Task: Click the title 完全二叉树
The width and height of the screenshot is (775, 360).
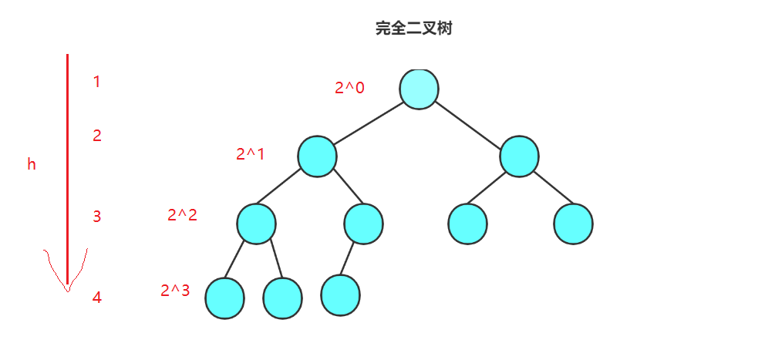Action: [x=413, y=29]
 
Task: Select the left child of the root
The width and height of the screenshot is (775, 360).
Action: [x=318, y=156]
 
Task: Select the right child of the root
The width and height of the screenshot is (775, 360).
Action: [x=519, y=156]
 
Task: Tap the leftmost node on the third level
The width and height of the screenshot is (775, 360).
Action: [x=256, y=224]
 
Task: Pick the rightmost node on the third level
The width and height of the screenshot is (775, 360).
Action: [x=573, y=224]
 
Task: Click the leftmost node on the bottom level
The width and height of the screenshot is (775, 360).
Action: [x=224, y=298]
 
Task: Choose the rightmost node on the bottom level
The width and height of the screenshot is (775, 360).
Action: [x=341, y=294]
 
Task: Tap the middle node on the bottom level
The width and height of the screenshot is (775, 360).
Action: [x=282, y=298]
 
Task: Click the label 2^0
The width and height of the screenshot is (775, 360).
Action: [x=349, y=88]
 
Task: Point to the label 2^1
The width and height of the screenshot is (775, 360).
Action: [x=250, y=154]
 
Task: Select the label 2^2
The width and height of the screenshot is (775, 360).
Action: [x=182, y=215]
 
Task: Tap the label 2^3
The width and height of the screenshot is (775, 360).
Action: [x=175, y=291]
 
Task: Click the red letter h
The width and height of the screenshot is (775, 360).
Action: [x=32, y=164]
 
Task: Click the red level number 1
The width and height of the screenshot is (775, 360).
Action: [x=96, y=81]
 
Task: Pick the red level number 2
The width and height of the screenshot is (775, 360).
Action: [x=97, y=136]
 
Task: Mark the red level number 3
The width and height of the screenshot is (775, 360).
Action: [x=97, y=217]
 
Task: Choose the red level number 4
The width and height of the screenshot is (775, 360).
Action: [x=97, y=298]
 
